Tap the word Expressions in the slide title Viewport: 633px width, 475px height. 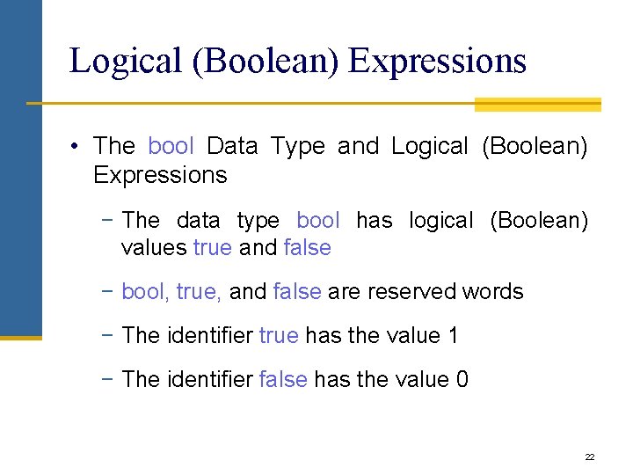click(x=437, y=61)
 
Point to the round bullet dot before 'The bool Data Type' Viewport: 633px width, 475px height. click(x=76, y=146)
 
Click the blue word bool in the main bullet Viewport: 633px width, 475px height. click(x=171, y=146)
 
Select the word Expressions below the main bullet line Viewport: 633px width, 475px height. click(x=160, y=175)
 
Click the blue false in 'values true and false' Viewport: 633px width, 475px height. click(x=307, y=248)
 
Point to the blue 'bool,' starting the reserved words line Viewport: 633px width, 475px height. click(x=146, y=291)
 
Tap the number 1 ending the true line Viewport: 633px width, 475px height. click(x=453, y=335)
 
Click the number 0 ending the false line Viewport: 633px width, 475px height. click(x=462, y=379)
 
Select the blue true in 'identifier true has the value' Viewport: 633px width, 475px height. click(x=279, y=335)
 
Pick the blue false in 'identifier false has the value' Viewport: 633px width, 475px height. click(x=283, y=379)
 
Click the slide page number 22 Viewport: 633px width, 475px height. click(x=589, y=457)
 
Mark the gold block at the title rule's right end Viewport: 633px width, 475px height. click(x=537, y=105)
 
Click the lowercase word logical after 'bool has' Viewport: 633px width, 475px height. click(x=441, y=220)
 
